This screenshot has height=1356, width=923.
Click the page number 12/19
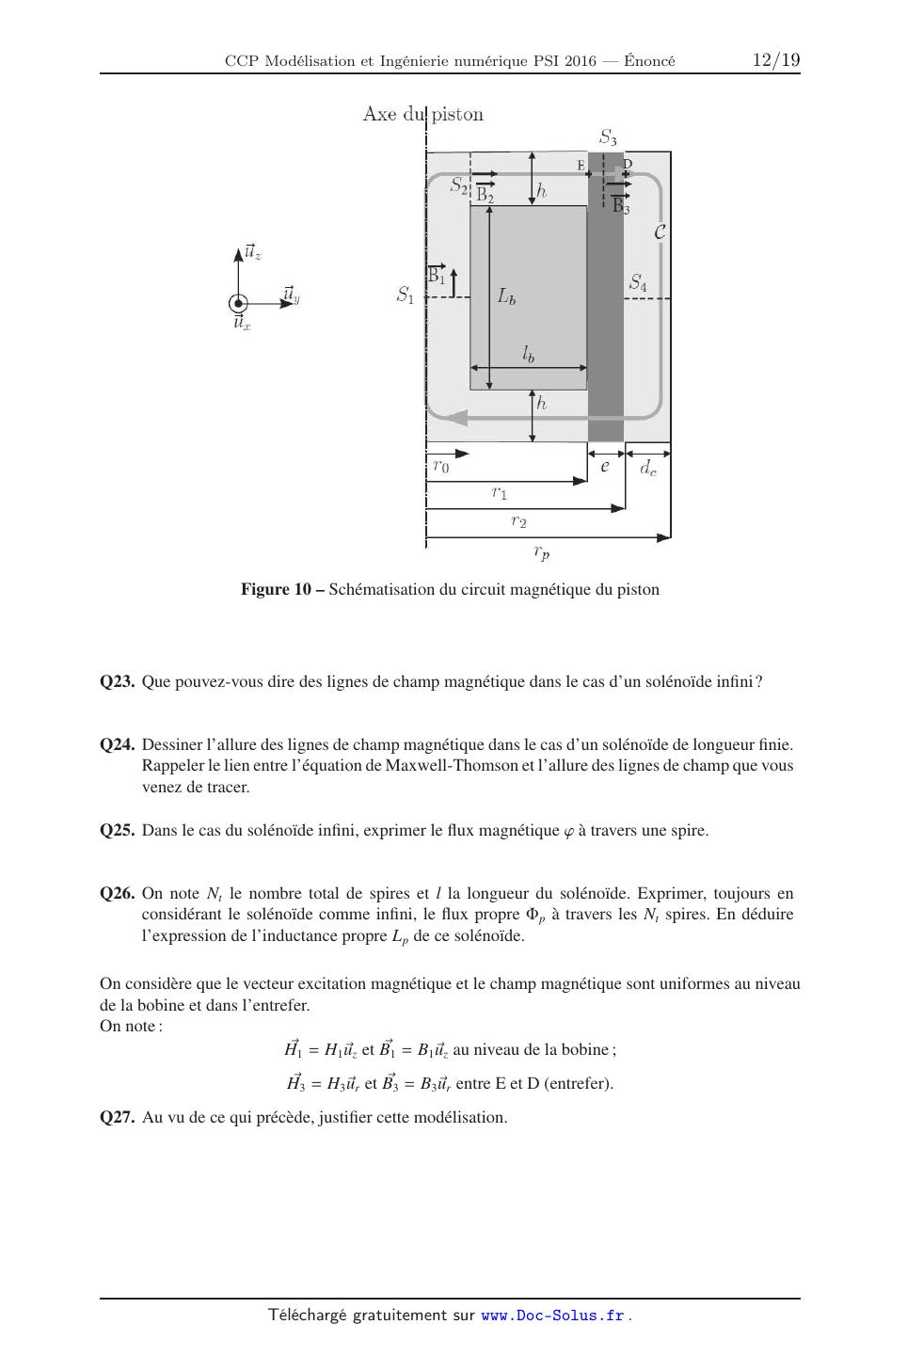coord(776,60)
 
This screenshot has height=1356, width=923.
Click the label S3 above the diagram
coord(609,137)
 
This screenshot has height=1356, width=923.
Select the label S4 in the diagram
coord(638,281)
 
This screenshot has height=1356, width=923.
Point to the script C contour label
coord(660,231)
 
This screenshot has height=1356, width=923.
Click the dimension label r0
coord(440,466)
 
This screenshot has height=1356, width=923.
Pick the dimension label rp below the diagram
coord(542,552)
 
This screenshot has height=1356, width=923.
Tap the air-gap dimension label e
coord(605,465)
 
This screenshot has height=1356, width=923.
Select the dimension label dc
coord(648,467)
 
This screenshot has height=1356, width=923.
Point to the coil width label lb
coord(529,354)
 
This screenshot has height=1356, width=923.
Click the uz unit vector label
coord(252,252)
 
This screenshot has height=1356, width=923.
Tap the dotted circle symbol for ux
coord(238,303)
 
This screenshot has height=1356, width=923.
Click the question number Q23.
coord(119,681)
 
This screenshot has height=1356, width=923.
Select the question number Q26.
coord(119,894)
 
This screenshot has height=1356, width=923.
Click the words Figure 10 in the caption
coord(276,590)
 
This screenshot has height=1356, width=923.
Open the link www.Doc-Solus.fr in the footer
coord(552,1316)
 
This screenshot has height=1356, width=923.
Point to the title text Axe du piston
coord(423,115)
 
